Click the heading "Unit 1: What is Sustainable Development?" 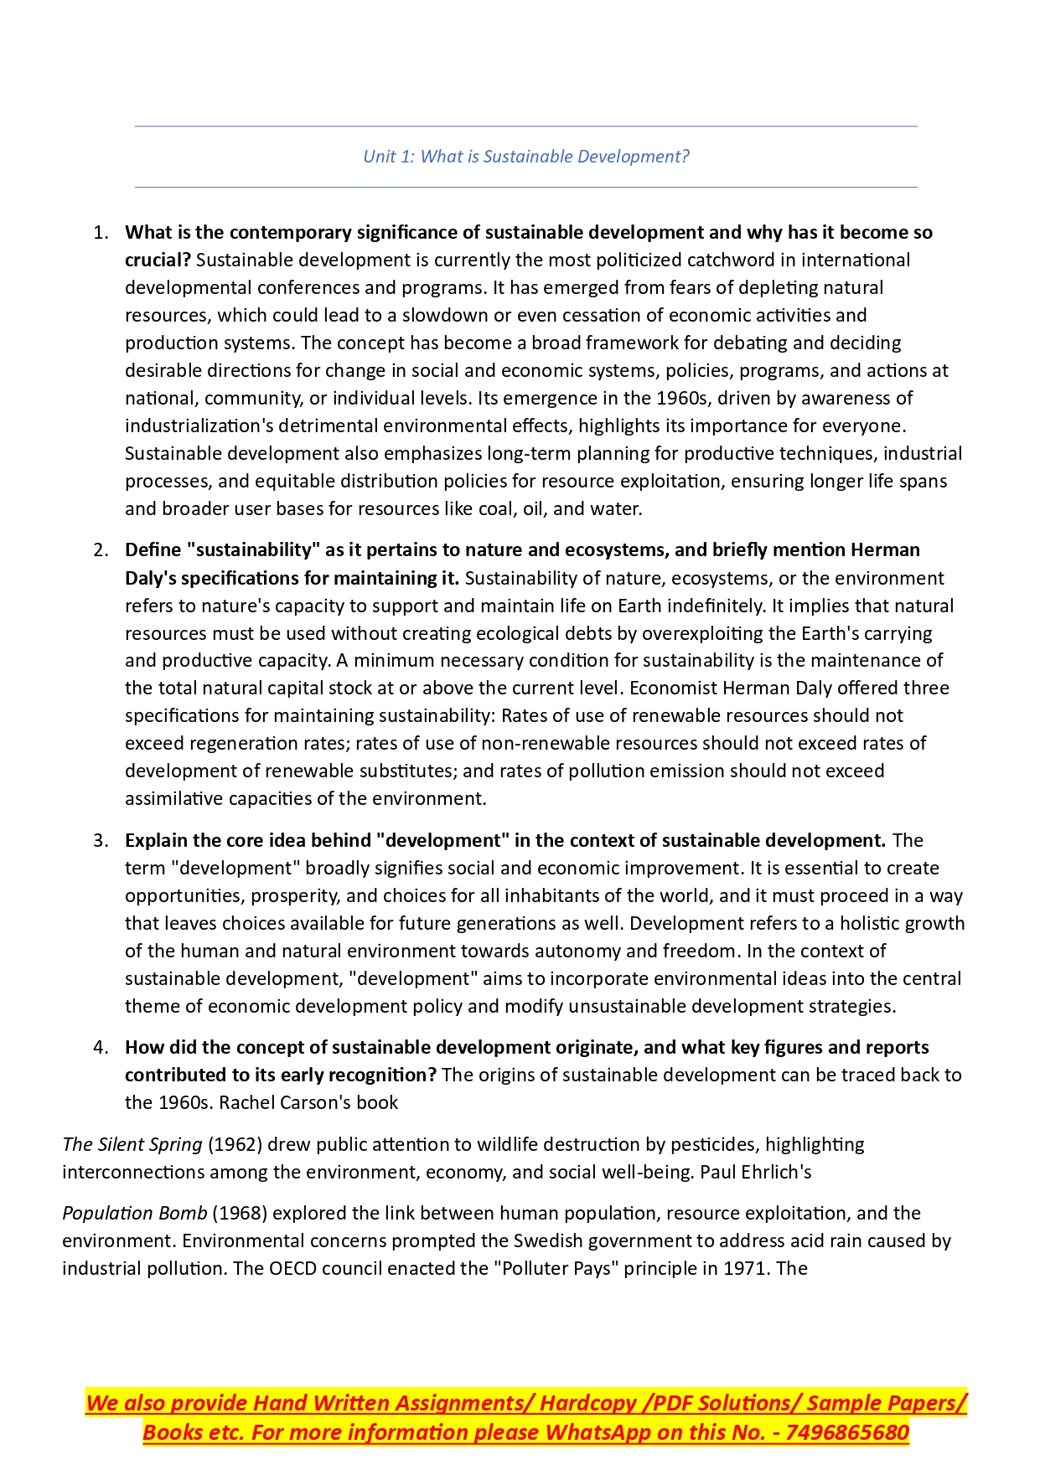(525, 157)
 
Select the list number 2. (101, 550)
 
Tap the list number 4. (101, 1048)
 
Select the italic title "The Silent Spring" (132, 1145)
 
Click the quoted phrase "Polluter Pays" (550, 1269)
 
